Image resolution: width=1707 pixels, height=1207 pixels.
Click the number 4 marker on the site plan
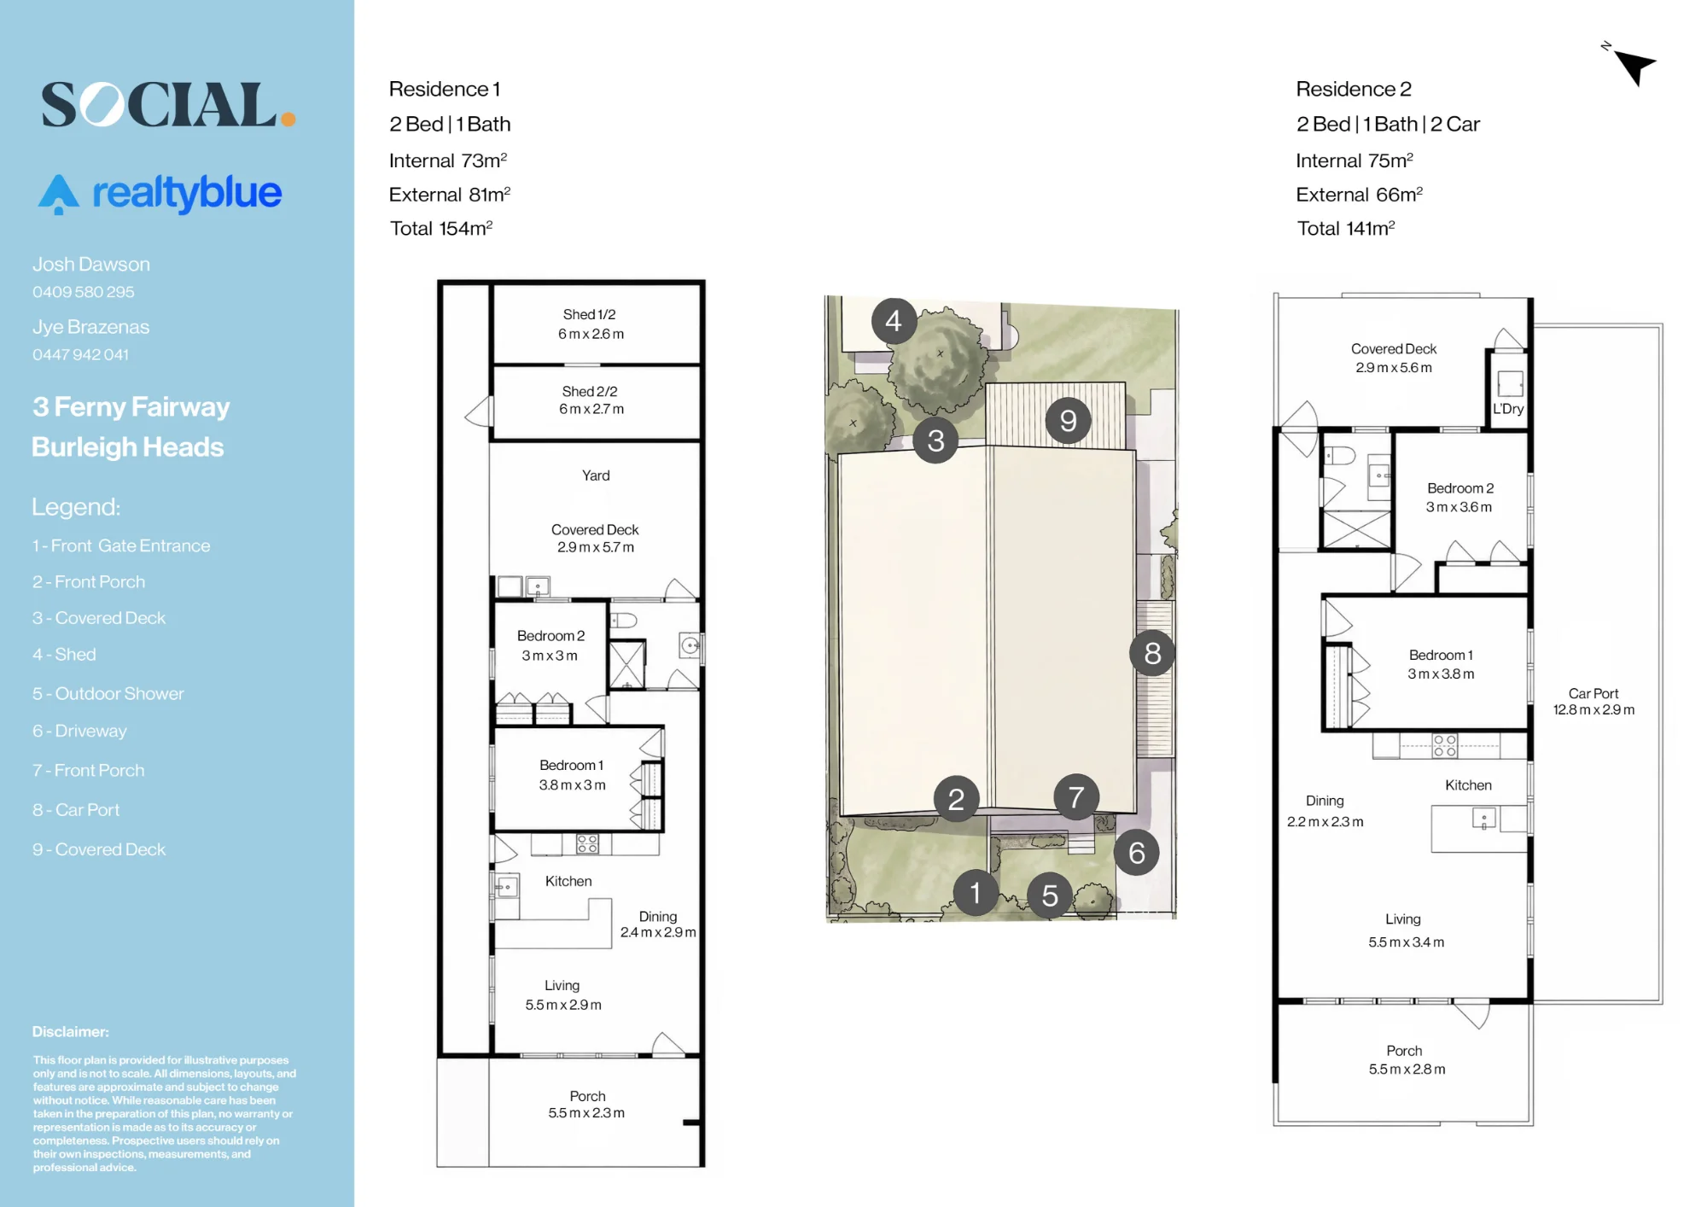894,321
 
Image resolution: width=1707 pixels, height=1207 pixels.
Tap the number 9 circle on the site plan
1069,420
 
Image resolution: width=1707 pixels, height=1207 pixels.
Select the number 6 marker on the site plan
1137,852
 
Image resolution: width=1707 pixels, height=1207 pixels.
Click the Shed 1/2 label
589,314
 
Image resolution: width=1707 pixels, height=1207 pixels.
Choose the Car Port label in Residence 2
1593,693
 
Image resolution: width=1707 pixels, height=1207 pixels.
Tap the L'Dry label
1508,409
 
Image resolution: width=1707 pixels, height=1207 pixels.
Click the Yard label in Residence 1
596,475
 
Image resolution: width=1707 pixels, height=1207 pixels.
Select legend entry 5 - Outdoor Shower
108,693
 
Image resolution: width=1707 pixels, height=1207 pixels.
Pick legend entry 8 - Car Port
76,809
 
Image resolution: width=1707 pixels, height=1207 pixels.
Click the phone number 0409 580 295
84,292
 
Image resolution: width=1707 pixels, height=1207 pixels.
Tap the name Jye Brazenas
90,327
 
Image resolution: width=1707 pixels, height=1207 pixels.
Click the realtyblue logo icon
58,194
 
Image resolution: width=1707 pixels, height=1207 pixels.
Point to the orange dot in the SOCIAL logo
288,120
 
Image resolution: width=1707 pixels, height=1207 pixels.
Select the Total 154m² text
441,228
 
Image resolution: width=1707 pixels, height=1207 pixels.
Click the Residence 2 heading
1354,89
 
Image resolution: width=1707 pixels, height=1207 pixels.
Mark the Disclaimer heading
71,1031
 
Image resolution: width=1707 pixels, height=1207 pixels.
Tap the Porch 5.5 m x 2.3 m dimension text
586,1113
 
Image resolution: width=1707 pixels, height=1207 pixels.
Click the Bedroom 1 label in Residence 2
1441,655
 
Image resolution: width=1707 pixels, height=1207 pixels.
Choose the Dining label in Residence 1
658,916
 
